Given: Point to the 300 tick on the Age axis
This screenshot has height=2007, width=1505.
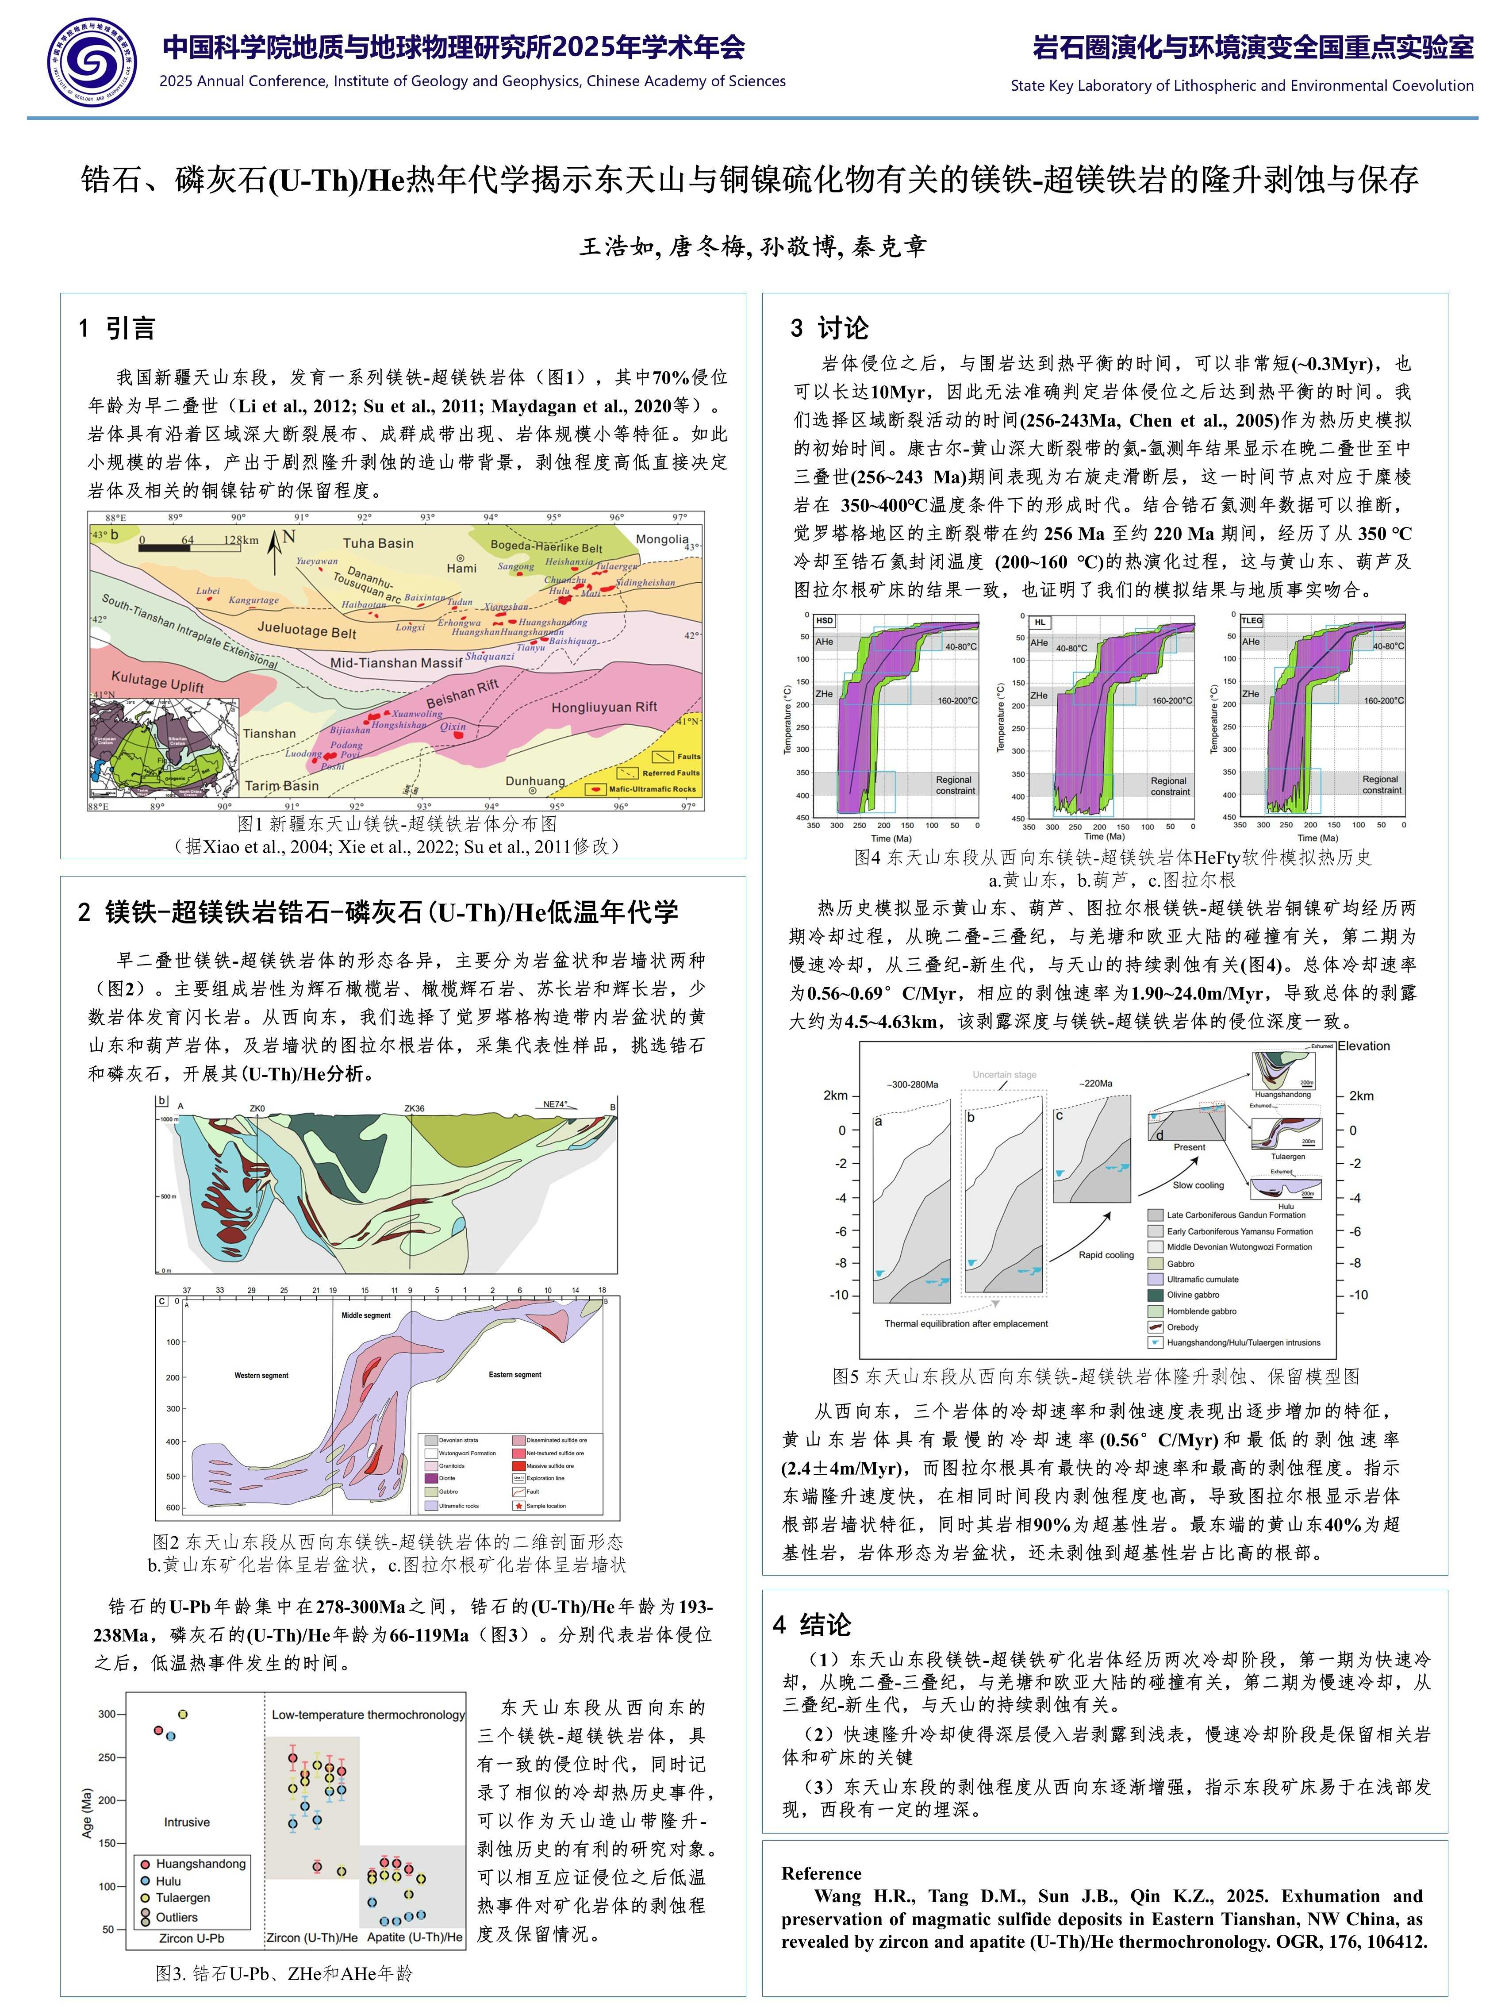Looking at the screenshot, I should point(107,1714).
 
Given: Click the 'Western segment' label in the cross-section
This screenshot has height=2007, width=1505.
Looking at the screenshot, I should point(261,1376).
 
